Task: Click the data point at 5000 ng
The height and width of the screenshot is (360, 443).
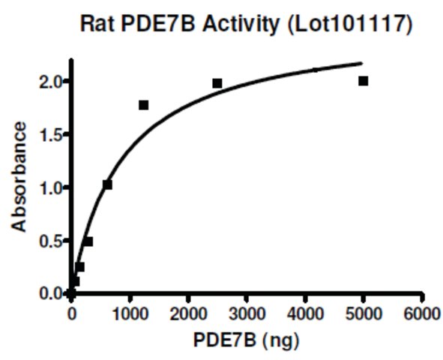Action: pyautogui.click(x=363, y=81)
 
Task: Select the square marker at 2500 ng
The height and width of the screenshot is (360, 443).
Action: pyautogui.click(x=217, y=83)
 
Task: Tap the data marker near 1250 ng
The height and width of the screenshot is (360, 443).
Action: pyautogui.click(x=143, y=105)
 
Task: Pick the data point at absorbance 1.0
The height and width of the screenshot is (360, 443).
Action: pyautogui.click(x=107, y=184)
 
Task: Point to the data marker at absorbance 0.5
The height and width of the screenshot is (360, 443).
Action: pyautogui.click(x=88, y=242)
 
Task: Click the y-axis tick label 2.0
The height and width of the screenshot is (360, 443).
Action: pyautogui.click(x=50, y=82)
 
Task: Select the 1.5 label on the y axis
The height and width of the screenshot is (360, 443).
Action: pyautogui.click(x=50, y=136)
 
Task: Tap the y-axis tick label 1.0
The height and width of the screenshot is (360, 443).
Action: pyautogui.click(x=50, y=189)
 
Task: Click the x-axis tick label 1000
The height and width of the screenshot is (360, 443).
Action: pyautogui.click(x=130, y=313)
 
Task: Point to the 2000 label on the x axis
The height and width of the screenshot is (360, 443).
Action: pyautogui.click(x=188, y=313)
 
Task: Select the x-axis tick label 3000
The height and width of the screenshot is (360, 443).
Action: pyautogui.click(x=247, y=313)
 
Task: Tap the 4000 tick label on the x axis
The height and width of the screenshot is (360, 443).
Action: pyautogui.click(x=305, y=313)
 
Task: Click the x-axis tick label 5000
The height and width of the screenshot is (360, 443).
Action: pyautogui.click(x=364, y=313)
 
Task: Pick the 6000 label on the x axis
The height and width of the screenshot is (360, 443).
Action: pyautogui.click(x=422, y=313)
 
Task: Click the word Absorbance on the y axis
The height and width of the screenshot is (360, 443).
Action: pyautogui.click(x=19, y=177)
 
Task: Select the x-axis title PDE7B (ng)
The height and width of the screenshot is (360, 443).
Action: pyautogui.click(x=246, y=340)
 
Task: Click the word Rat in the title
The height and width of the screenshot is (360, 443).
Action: pyautogui.click(x=97, y=23)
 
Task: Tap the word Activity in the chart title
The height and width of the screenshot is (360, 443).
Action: pyautogui.click(x=241, y=25)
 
